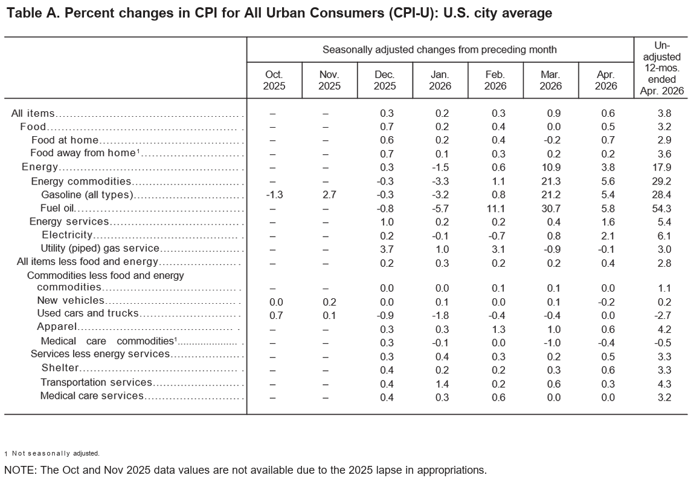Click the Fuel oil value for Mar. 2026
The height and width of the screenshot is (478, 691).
(x=551, y=208)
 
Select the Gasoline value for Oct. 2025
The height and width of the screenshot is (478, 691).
(x=274, y=195)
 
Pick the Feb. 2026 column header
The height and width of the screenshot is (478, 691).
(x=495, y=80)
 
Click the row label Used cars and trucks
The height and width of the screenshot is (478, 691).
(x=88, y=313)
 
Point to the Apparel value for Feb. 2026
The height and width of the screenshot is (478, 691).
(x=498, y=329)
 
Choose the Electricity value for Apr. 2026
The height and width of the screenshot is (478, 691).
(x=608, y=236)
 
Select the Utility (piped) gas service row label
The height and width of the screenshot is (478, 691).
(x=100, y=249)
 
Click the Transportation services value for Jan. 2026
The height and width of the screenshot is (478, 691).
(x=442, y=384)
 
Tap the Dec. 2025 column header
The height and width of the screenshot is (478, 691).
(x=385, y=80)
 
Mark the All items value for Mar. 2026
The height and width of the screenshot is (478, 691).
(x=554, y=113)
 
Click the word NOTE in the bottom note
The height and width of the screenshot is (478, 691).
(x=20, y=470)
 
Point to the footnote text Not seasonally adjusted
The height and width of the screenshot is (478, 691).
(x=56, y=453)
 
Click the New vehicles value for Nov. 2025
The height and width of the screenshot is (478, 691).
(x=330, y=302)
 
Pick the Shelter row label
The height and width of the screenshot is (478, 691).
(x=60, y=368)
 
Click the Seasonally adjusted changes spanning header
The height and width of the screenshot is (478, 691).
(x=439, y=50)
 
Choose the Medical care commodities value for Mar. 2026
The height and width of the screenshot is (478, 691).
(x=553, y=343)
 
